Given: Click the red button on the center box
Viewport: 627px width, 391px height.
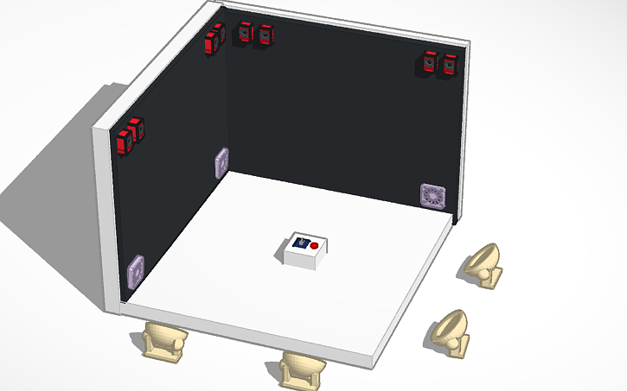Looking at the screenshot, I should pyautogui.click(x=315, y=246).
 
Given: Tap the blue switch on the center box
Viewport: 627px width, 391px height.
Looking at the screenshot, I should pyautogui.click(x=301, y=243).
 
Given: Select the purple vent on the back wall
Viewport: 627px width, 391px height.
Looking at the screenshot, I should pyautogui.click(x=432, y=195).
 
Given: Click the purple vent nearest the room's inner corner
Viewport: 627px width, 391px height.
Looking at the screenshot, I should pyautogui.click(x=221, y=162).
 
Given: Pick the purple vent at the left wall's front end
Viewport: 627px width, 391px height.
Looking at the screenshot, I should pyautogui.click(x=135, y=271).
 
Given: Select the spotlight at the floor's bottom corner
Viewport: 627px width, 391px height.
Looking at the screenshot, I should pyautogui.click(x=302, y=369).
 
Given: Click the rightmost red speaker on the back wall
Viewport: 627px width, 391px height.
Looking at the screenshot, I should pyautogui.click(x=450, y=65).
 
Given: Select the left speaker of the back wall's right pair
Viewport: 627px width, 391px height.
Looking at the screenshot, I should pyautogui.click(x=431, y=63).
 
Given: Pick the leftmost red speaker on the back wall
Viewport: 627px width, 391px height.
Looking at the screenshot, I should pyautogui.click(x=246, y=32).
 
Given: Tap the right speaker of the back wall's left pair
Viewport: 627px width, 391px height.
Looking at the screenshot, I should pyautogui.click(x=265, y=35).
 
